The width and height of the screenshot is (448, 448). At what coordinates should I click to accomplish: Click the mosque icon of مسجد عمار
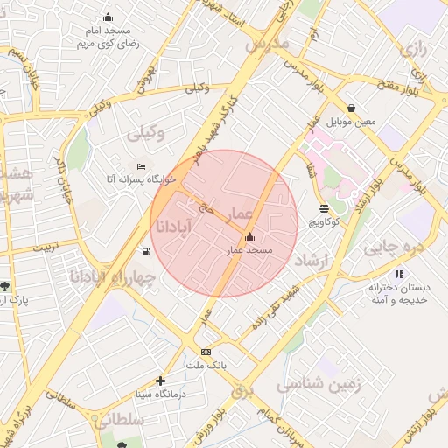pyautogui.click(x=250, y=236)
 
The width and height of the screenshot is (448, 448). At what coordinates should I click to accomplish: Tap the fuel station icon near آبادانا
pyautogui.click(x=144, y=252)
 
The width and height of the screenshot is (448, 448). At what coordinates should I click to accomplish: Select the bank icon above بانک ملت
pyautogui.click(x=206, y=352)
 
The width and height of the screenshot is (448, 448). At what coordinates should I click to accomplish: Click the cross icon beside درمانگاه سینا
pyautogui.click(x=160, y=381)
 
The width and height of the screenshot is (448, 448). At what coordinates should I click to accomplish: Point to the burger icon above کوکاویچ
pyautogui.click(x=325, y=208)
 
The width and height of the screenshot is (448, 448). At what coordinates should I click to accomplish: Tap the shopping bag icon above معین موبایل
pyautogui.click(x=351, y=108)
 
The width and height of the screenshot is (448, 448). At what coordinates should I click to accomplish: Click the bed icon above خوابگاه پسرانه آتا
pyautogui.click(x=142, y=166)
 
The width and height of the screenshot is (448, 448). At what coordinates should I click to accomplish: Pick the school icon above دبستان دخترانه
pyautogui.click(x=399, y=274)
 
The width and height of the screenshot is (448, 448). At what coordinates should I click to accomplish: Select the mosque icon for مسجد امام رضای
pyautogui.click(x=108, y=17)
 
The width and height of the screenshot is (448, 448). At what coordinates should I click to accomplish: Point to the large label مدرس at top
pyautogui.click(x=267, y=42)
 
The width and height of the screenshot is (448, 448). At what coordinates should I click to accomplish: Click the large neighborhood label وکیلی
pyautogui.click(x=145, y=134)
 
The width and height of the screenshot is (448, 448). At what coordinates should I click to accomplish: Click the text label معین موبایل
pyautogui.click(x=351, y=122)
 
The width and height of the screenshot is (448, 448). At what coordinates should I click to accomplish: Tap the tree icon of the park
pyautogui.click(x=5, y=286)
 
